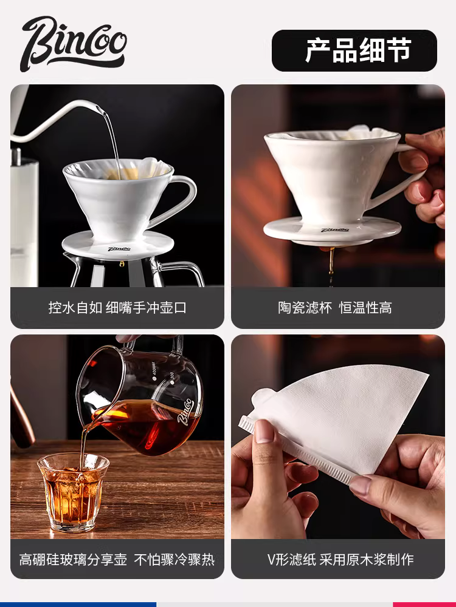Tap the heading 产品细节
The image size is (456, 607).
coord(358,50)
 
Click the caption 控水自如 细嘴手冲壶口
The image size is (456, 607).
coord(117,308)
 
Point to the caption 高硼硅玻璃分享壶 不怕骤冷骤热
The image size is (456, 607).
coord(117,559)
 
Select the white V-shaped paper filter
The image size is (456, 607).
coord(347,419)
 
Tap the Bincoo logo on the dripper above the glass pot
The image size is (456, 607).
coord(119,248)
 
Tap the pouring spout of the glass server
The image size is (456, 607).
coord(85,425)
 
